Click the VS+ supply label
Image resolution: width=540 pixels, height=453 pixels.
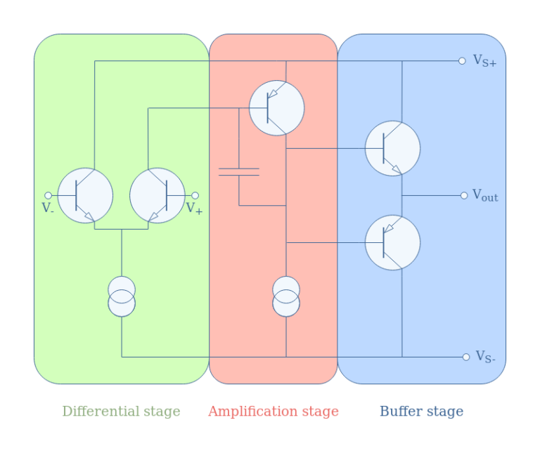click(x=484, y=61)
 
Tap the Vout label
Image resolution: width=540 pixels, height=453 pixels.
click(x=484, y=196)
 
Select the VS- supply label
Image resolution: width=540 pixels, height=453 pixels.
click(x=485, y=357)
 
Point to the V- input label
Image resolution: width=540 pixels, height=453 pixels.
click(x=47, y=208)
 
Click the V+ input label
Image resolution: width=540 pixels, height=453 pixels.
click(x=194, y=208)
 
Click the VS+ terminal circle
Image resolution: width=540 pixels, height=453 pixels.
click(x=462, y=61)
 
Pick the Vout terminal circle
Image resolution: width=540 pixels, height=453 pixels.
click(x=464, y=195)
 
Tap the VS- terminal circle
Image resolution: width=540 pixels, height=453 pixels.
click(x=466, y=357)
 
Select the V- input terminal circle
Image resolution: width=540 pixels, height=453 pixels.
click(x=48, y=195)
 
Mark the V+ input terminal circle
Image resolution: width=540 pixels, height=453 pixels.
click(x=195, y=195)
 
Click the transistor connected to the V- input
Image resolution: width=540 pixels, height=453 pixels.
click(x=85, y=195)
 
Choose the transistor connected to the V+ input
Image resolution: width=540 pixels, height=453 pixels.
click(x=157, y=195)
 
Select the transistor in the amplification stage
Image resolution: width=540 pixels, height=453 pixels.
click(x=277, y=108)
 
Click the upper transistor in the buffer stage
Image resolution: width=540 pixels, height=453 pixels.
click(x=392, y=148)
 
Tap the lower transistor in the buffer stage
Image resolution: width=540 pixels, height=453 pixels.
click(x=392, y=242)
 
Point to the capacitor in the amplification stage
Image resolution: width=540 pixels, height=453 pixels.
click(x=239, y=171)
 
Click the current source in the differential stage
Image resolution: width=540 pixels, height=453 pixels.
click(x=122, y=296)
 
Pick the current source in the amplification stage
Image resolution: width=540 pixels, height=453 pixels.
click(x=286, y=296)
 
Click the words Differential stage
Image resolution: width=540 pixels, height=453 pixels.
click(x=121, y=412)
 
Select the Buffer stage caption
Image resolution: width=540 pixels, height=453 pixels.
click(x=421, y=412)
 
